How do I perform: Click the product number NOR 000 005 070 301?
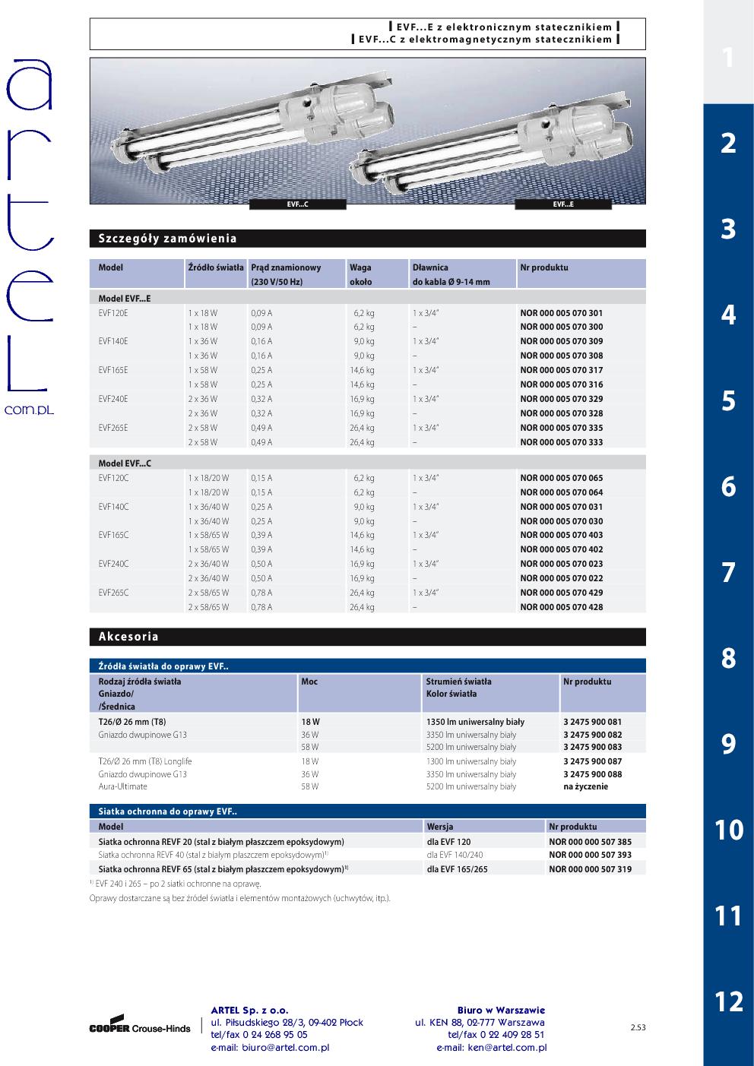tap(561, 312)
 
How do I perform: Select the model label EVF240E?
tap(113, 399)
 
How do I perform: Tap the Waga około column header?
tap(361, 274)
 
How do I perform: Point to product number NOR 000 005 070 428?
tap(561, 607)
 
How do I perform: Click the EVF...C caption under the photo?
tap(297, 204)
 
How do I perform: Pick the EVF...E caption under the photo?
tap(563, 204)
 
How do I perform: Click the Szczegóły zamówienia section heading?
tap(168, 239)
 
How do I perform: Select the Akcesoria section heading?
tap(128, 637)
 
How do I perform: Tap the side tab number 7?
tap(728, 572)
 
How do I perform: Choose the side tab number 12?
tap(728, 1001)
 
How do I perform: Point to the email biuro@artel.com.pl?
tap(270, 1048)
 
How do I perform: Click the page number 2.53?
tap(638, 1028)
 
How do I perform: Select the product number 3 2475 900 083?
tap(592, 747)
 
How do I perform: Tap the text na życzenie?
tap(585, 786)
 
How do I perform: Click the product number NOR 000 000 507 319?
tap(590, 868)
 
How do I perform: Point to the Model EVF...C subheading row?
tap(125, 463)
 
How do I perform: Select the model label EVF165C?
tap(114, 535)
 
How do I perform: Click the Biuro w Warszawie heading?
tap(501, 1011)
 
